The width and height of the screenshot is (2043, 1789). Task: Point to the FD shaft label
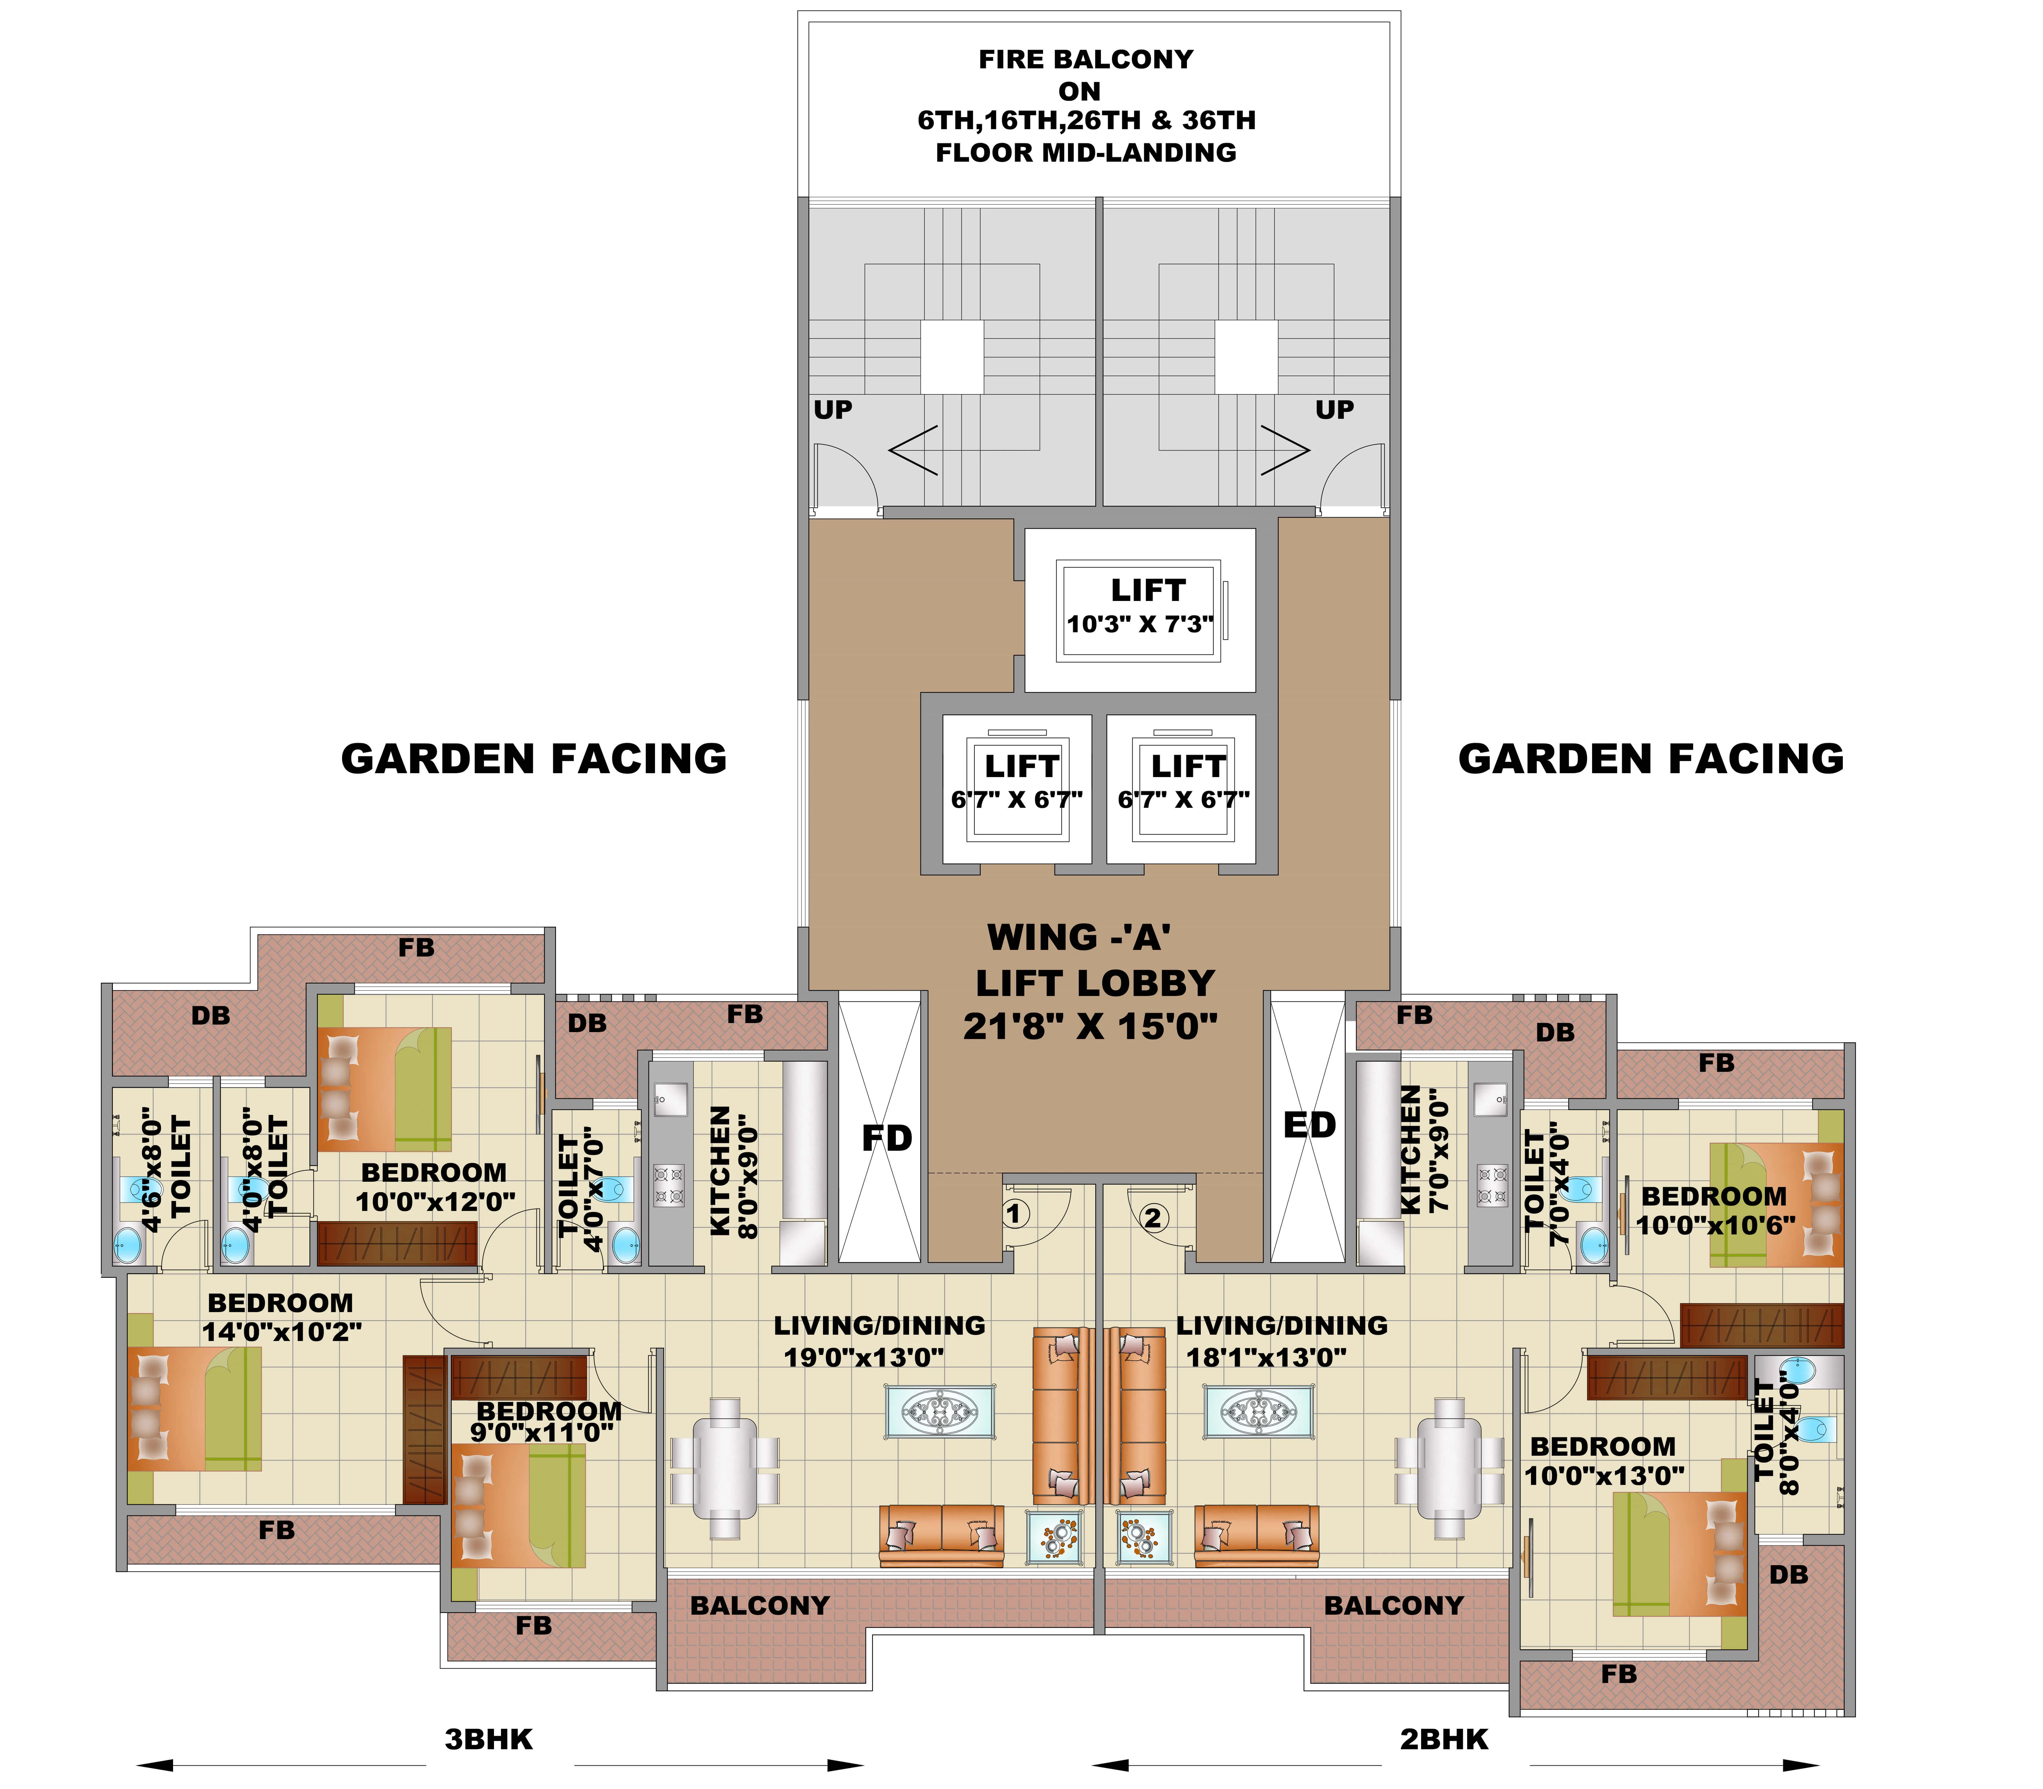click(x=886, y=1138)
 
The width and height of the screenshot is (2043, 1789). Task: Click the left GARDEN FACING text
click(x=534, y=759)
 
